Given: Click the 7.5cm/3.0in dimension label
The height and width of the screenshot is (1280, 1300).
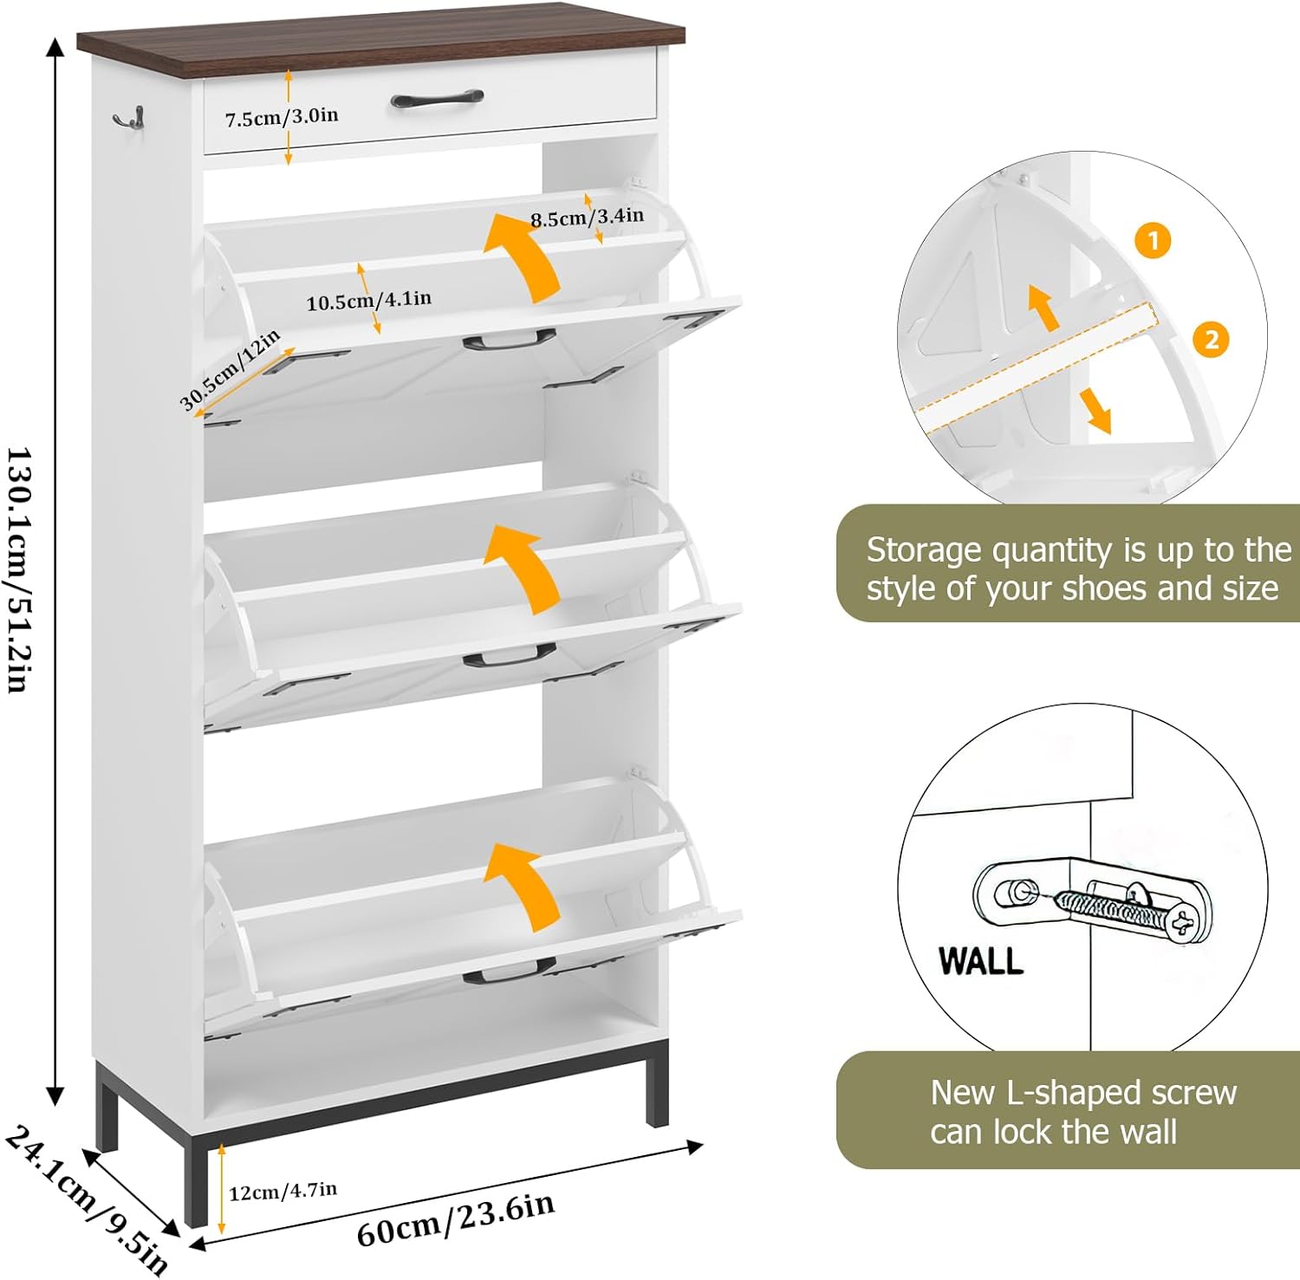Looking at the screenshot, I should tap(282, 117).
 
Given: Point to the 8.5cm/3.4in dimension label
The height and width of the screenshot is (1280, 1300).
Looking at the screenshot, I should tap(587, 217).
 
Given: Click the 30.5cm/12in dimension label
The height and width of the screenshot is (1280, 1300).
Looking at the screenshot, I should tap(230, 369).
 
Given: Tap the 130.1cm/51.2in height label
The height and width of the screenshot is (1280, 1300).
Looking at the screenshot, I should tap(20, 569).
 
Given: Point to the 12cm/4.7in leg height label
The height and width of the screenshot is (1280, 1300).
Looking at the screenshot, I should tap(283, 1192).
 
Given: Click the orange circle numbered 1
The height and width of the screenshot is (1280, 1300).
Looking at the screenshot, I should tap(1153, 241).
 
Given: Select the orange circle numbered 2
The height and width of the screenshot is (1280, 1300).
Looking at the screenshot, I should tap(1211, 339).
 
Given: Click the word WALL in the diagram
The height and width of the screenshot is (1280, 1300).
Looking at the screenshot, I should tap(981, 961).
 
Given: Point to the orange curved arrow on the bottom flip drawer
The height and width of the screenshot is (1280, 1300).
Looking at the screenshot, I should tap(523, 884).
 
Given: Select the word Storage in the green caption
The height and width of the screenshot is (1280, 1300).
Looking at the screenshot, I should tap(924, 551).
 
